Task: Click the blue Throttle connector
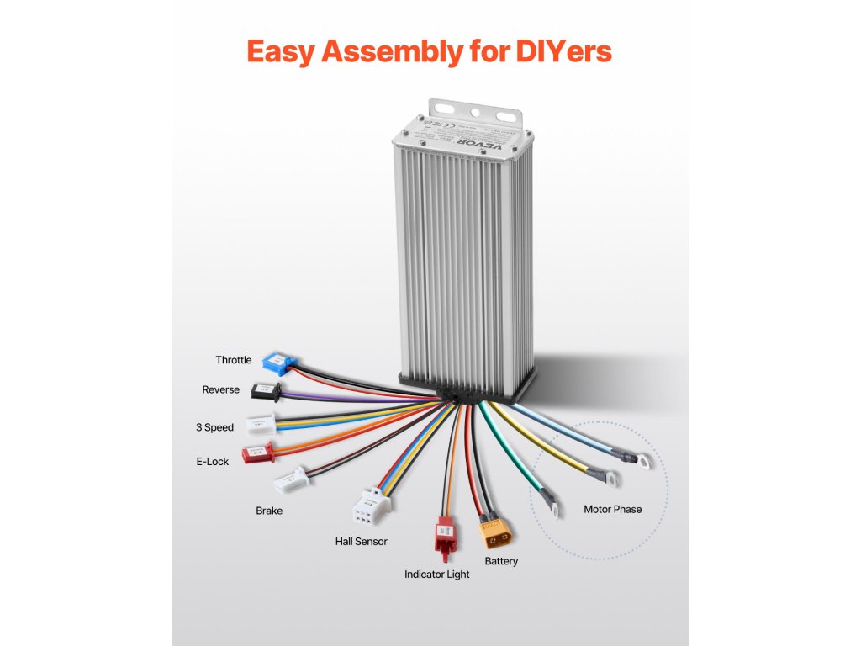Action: coord(278,362)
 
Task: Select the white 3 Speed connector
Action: coord(261,426)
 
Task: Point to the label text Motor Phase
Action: coord(612,509)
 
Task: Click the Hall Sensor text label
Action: coord(361,541)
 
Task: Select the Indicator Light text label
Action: coord(436,575)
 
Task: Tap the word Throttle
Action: coord(233,360)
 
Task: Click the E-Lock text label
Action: coord(212,461)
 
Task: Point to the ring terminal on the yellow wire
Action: coord(610,478)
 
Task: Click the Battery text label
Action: coord(501,561)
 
